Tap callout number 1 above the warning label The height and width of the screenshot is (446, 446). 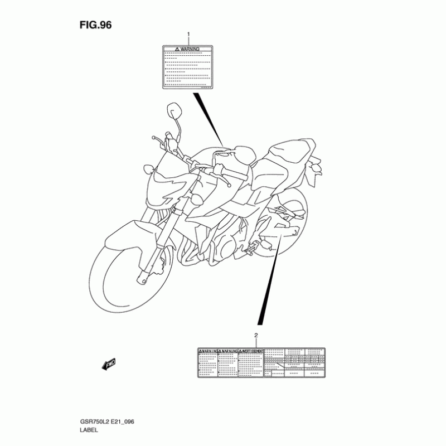pyautogui.click(x=188, y=35)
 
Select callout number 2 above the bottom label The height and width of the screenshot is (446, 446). pyautogui.click(x=256, y=335)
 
